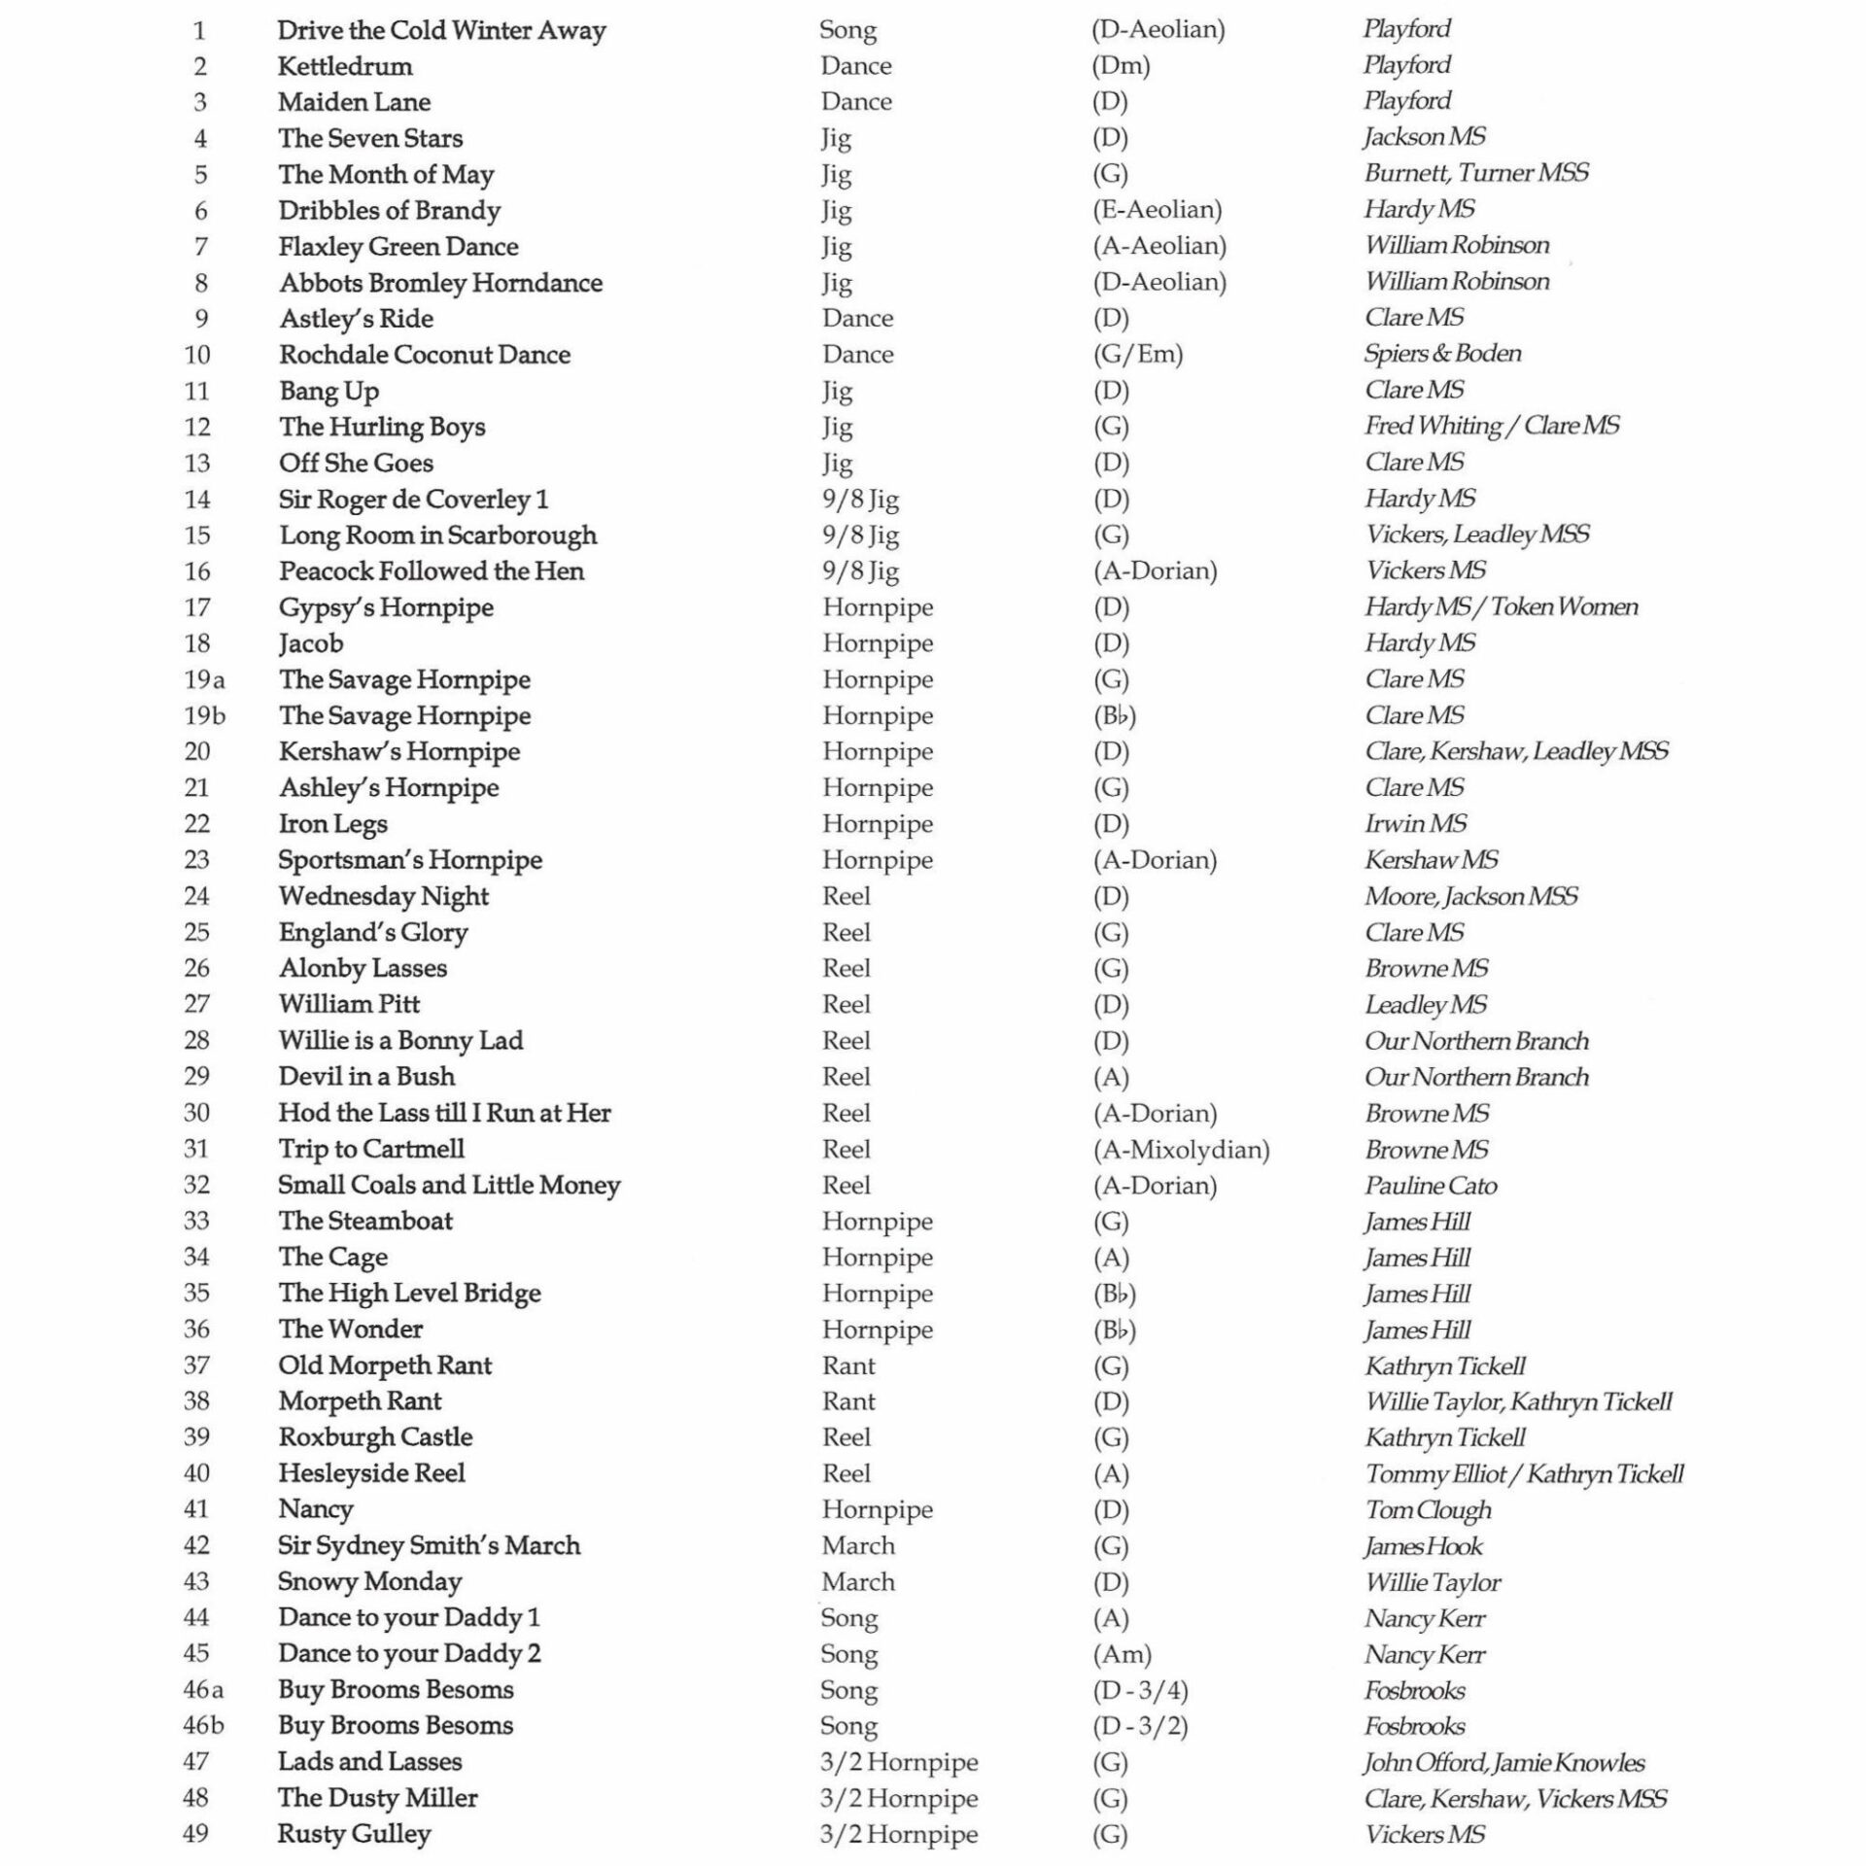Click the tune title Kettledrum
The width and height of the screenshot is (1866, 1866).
click(x=344, y=66)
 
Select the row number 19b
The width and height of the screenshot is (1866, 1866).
click(x=204, y=716)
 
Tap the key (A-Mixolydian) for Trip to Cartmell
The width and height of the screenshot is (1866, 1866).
click(x=1181, y=1150)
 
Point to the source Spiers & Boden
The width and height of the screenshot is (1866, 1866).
click(x=1442, y=354)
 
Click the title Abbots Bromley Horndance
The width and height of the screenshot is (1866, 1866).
click(x=440, y=283)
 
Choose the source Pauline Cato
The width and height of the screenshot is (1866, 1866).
click(x=1431, y=1186)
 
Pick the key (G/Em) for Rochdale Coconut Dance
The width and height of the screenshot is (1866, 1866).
click(x=1138, y=354)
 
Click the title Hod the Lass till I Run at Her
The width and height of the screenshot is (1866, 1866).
click(x=444, y=1113)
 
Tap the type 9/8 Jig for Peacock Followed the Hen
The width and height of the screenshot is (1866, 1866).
click(x=860, y=571)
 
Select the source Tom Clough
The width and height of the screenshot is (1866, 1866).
click(x=1428, y=1510)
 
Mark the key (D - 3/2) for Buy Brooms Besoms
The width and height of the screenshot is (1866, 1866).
click(x=1140, y=1726)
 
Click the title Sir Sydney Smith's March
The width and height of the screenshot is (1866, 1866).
click(x=429, y=1546)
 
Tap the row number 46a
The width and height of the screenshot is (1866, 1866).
click(x=204, y=1690)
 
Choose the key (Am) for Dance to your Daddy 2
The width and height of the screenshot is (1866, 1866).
click(x=1122, y=1654)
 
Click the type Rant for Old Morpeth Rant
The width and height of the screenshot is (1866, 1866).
click(x=848, y=1365)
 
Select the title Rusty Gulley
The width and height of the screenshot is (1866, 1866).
click(x=354, y=1834)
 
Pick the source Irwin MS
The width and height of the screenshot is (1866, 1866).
click(x=1415, y=824)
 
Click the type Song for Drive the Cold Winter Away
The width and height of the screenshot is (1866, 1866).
click(x=847, y=30)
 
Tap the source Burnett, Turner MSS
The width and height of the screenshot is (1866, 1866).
click(x=1476, y=173)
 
